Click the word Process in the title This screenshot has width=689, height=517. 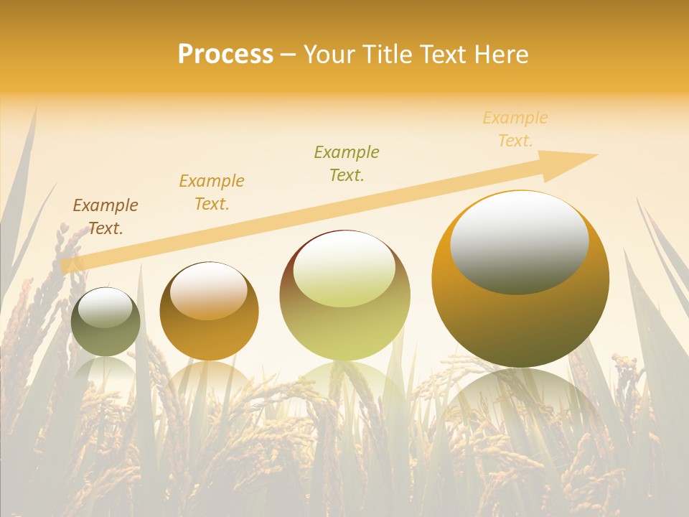click(x=225, y=55)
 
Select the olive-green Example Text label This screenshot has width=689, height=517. click(x=347, y=163)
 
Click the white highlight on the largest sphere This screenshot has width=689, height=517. click(x=519, y=243)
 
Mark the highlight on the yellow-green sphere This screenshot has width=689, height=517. click(x=344, y=270)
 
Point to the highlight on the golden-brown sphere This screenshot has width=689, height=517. click(x=208, y=292)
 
